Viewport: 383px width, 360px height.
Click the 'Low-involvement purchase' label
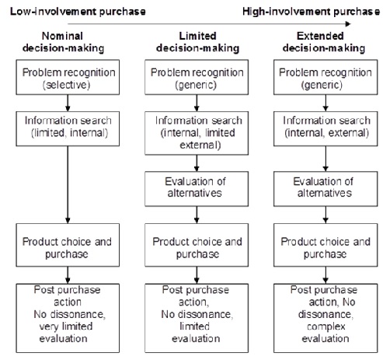point(57,9)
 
